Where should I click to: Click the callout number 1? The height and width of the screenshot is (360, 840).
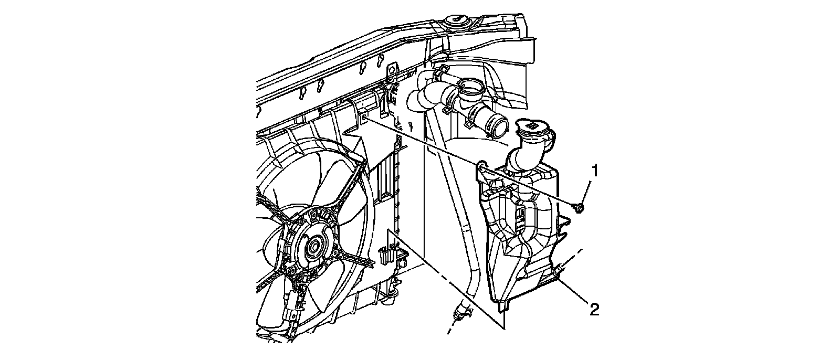pyautogui.click(x=595, y=171)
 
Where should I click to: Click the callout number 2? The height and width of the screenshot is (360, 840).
pyautogui.click(x=594, y=310)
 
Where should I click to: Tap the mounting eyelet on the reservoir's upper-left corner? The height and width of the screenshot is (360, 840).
pyautogui.click(x=482, y=168)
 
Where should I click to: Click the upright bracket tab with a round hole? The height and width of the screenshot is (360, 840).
pyautogui.click(x=391, y=70)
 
